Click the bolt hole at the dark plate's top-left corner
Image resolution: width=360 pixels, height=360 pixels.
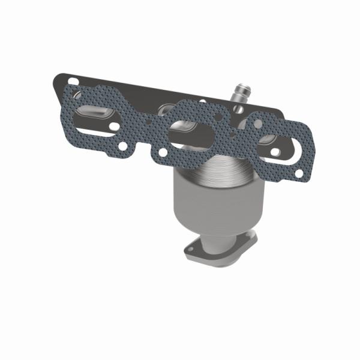[73, 80]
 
